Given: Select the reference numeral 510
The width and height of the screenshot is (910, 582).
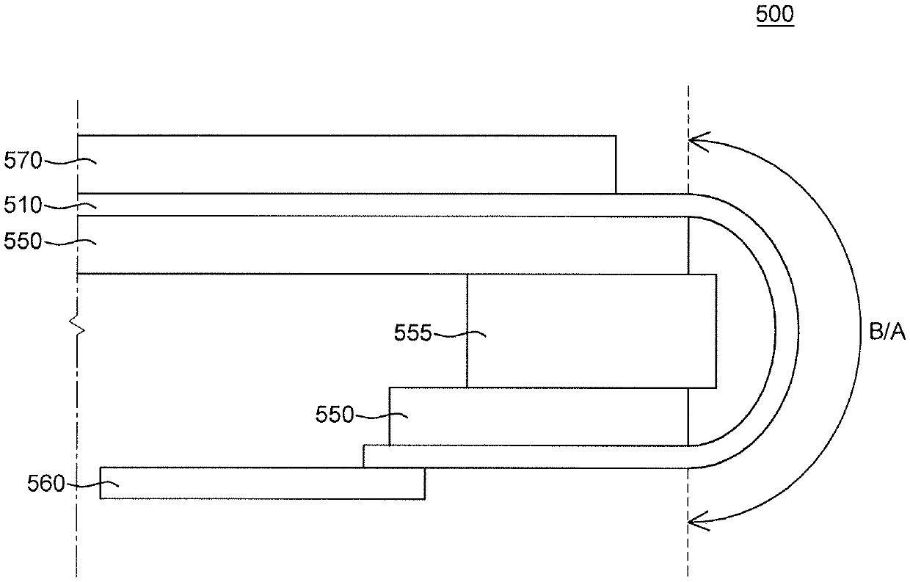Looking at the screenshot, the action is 23,206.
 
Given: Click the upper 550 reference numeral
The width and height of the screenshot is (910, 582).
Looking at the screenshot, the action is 23,242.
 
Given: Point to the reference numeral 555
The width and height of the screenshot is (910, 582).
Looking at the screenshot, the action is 413,335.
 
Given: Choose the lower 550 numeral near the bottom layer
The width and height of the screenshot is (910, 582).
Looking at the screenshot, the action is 335,415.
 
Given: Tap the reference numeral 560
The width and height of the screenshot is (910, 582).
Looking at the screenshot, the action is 46,484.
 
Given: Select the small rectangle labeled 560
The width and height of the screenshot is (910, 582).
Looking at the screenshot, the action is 262,483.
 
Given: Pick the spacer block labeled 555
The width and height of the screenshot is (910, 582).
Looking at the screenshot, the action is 591,330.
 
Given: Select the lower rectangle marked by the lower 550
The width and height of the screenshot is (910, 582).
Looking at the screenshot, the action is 538,416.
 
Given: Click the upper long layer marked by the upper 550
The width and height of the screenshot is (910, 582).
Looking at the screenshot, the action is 382,244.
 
